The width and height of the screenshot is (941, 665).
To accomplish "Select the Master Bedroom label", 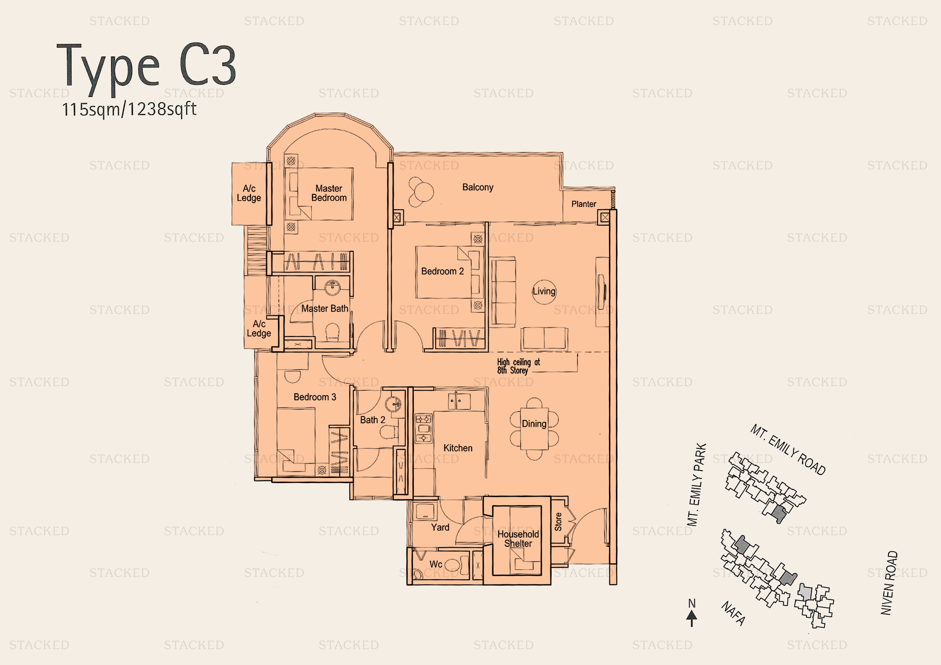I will [x=329, y=193].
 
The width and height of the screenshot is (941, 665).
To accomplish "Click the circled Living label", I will [x=544, y=291].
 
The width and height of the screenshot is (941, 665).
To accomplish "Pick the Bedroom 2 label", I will [x=442, y=271].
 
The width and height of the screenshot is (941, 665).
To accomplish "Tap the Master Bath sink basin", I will [x=332, y=287].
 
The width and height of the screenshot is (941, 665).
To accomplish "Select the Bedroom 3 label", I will [x=314, y=397].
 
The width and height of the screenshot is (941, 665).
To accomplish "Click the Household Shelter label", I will [x=518, y=539].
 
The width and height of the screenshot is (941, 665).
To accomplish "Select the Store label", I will [x=558, y=522].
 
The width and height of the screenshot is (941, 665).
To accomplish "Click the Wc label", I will [x=436, y=564].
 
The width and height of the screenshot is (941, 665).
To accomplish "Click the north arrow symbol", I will [x=692, y=617].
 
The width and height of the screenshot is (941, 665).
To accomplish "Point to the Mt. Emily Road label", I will [x=787, y=450].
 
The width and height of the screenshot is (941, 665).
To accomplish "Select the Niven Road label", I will [x=888, y=583].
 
